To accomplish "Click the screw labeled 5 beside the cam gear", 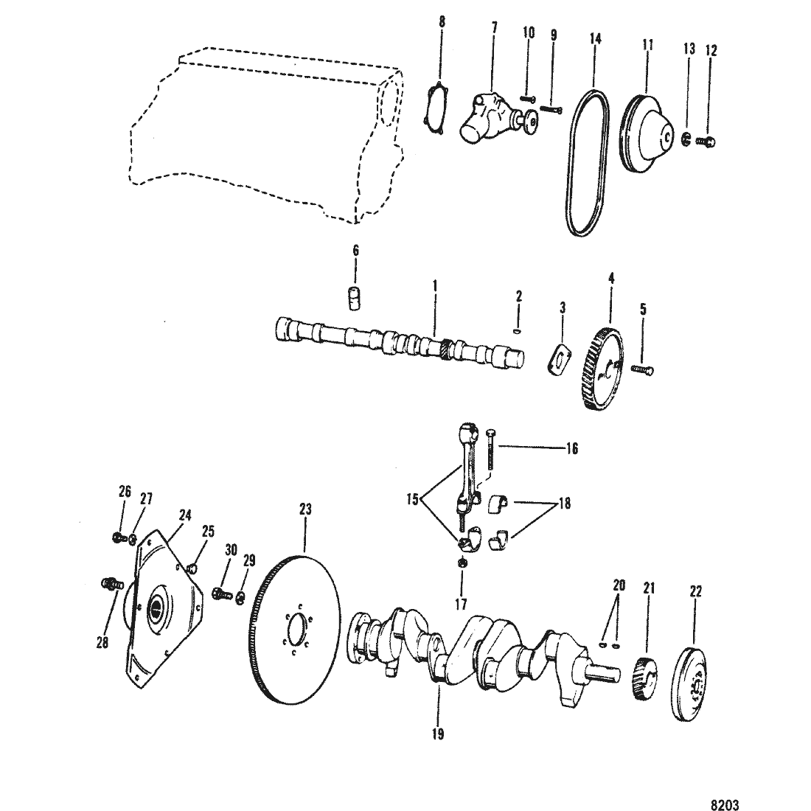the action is [642, 369].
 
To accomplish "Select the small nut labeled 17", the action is [462, 563].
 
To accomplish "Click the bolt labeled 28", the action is [111, 585].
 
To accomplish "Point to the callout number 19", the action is [437, 734].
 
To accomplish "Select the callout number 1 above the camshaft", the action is [434, 285].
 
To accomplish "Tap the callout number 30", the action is [231, 549].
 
